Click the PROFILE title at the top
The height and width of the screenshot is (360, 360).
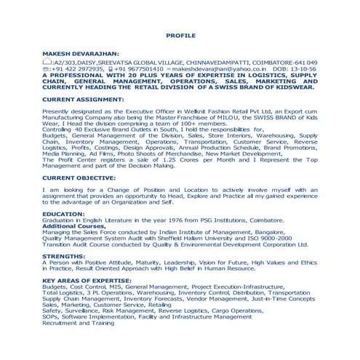tap(180, 34)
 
